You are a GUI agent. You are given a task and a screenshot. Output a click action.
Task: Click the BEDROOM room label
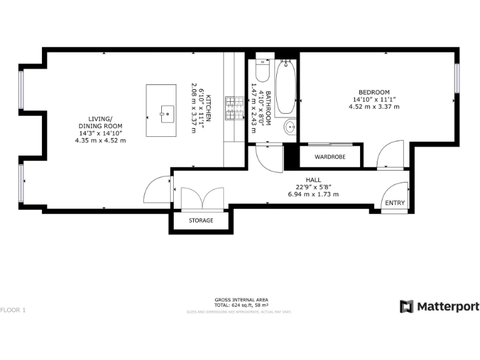point(374,92)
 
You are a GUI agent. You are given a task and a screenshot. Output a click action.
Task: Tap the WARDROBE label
point(330,156)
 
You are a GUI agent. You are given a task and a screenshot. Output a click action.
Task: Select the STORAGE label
point(201,221)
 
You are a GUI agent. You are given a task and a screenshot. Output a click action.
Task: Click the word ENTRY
point(394,202)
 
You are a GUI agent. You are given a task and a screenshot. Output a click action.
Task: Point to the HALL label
point(313,179)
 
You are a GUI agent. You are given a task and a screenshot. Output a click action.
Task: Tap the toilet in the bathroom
point(262,72)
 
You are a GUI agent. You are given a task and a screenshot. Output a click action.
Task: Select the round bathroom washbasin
point(290,127)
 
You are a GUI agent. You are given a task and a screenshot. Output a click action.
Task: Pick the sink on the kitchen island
point(167,113)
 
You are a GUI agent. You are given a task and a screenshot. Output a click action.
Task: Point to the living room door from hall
point(157,190)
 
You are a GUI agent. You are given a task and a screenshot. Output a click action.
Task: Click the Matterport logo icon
point(406,306)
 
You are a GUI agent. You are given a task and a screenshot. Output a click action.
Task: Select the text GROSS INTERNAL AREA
point(240,300)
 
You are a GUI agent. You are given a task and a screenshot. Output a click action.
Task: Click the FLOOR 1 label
point(14,310)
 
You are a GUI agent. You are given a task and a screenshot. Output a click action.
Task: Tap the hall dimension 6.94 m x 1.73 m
point(313,194)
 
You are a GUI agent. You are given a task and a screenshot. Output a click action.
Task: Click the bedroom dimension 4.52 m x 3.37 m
point(374,107)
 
